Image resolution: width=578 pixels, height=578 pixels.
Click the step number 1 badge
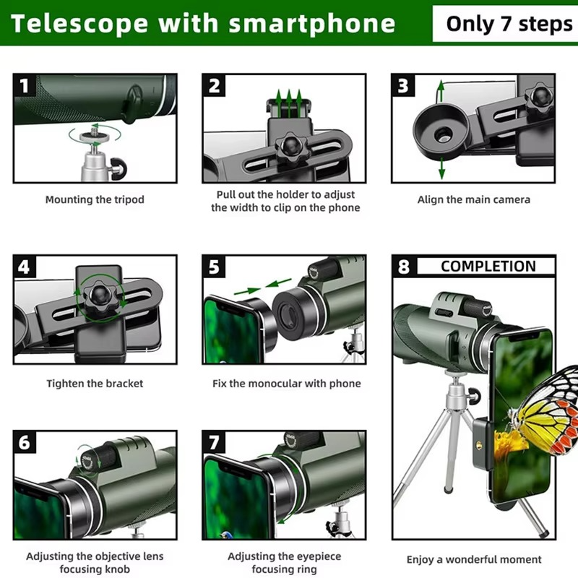pos(25,86)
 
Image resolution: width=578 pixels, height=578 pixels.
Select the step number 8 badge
pos(404,267)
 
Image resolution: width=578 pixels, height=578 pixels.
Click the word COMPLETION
pos(488,266)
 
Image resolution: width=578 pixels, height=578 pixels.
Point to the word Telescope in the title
pos(79,23)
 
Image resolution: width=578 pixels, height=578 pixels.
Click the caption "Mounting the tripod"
pos(95,199)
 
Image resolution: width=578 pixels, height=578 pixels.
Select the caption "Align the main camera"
pos(473,199)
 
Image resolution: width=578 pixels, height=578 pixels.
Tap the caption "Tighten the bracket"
pos(95,384)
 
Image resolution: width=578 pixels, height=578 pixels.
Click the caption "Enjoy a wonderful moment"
pos(473,559)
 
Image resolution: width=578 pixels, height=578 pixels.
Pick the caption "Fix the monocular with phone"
pos(286,384)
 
